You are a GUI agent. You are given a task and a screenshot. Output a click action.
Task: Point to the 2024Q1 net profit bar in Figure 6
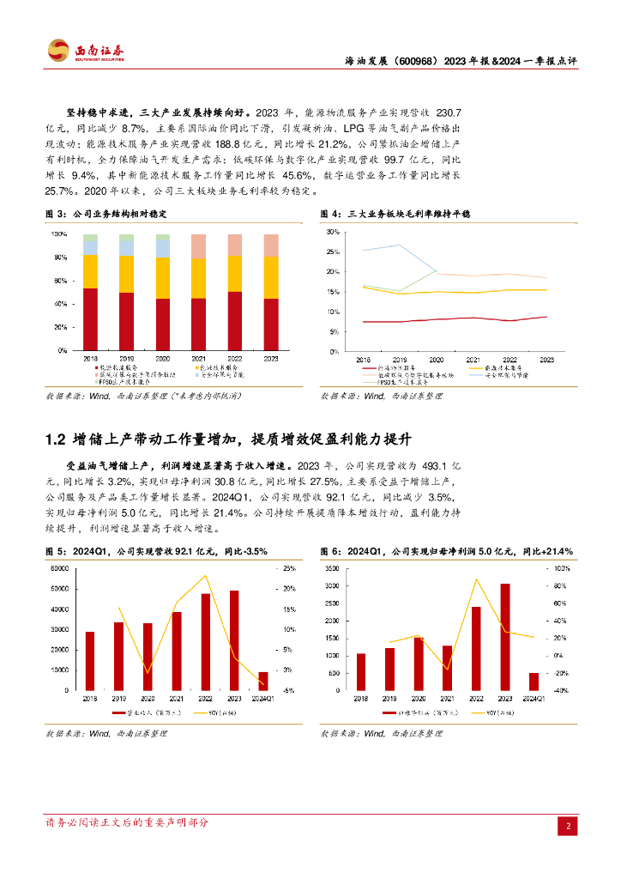(x=534, y=682)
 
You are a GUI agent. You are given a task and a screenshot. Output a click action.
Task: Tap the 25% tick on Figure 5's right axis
(x=289, y=569)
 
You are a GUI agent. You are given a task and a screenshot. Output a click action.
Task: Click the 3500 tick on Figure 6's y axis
(x=337, y=569)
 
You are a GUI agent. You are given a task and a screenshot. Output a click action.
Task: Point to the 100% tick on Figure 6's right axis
(x=561, y=569)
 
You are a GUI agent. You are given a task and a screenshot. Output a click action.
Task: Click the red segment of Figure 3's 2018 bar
(x=90, y=319)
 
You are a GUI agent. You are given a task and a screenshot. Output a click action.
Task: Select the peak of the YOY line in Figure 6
(x=476, y=579)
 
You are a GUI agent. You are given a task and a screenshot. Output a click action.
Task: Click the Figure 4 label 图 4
(x=329, y=213)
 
